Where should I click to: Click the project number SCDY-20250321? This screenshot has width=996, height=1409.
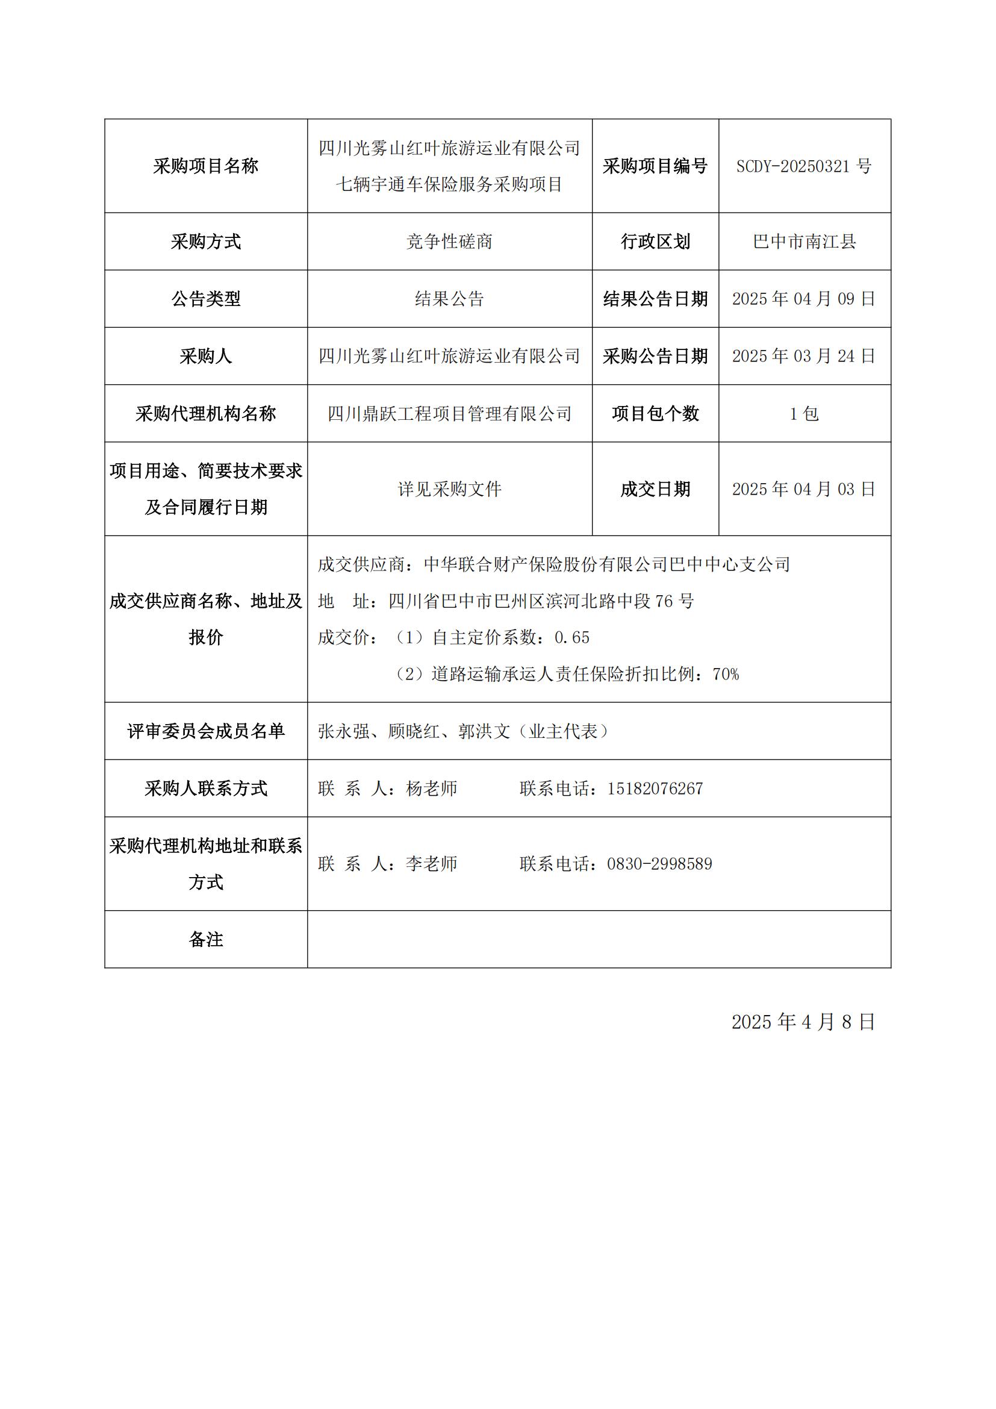[x=797, y=166]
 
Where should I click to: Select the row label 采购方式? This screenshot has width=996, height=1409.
[x=205, y=242]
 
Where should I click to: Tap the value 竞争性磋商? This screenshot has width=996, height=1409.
[x=450, y=242]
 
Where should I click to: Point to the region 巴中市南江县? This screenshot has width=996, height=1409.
[x=804, y=242]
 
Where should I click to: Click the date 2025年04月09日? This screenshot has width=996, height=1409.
[x=804, y=299]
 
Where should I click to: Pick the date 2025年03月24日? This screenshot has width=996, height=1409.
[x=804, y=356]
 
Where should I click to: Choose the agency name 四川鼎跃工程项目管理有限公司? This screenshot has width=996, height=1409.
[x=450, y=414]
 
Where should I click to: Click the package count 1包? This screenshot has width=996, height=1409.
[x=804, y=414]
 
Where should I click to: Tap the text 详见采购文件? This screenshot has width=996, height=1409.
[x=450, y=489]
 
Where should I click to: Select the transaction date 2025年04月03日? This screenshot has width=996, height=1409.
[x=804, y=489]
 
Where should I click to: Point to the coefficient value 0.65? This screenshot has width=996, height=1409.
[x=571, y=637]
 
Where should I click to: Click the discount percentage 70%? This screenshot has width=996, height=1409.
[x=726, y=675]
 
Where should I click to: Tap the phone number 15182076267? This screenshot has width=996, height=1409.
[x=655, y=789]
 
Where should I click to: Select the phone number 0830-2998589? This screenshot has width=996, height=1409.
[x=659, y=864]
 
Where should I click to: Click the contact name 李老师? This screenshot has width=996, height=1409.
[x=431, y=864]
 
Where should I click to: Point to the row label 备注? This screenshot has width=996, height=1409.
[x=205, y=940]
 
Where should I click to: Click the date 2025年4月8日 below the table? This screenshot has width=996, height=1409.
[x=803, y=1022]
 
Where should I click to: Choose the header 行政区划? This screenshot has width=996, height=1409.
[x=655, y=242]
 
